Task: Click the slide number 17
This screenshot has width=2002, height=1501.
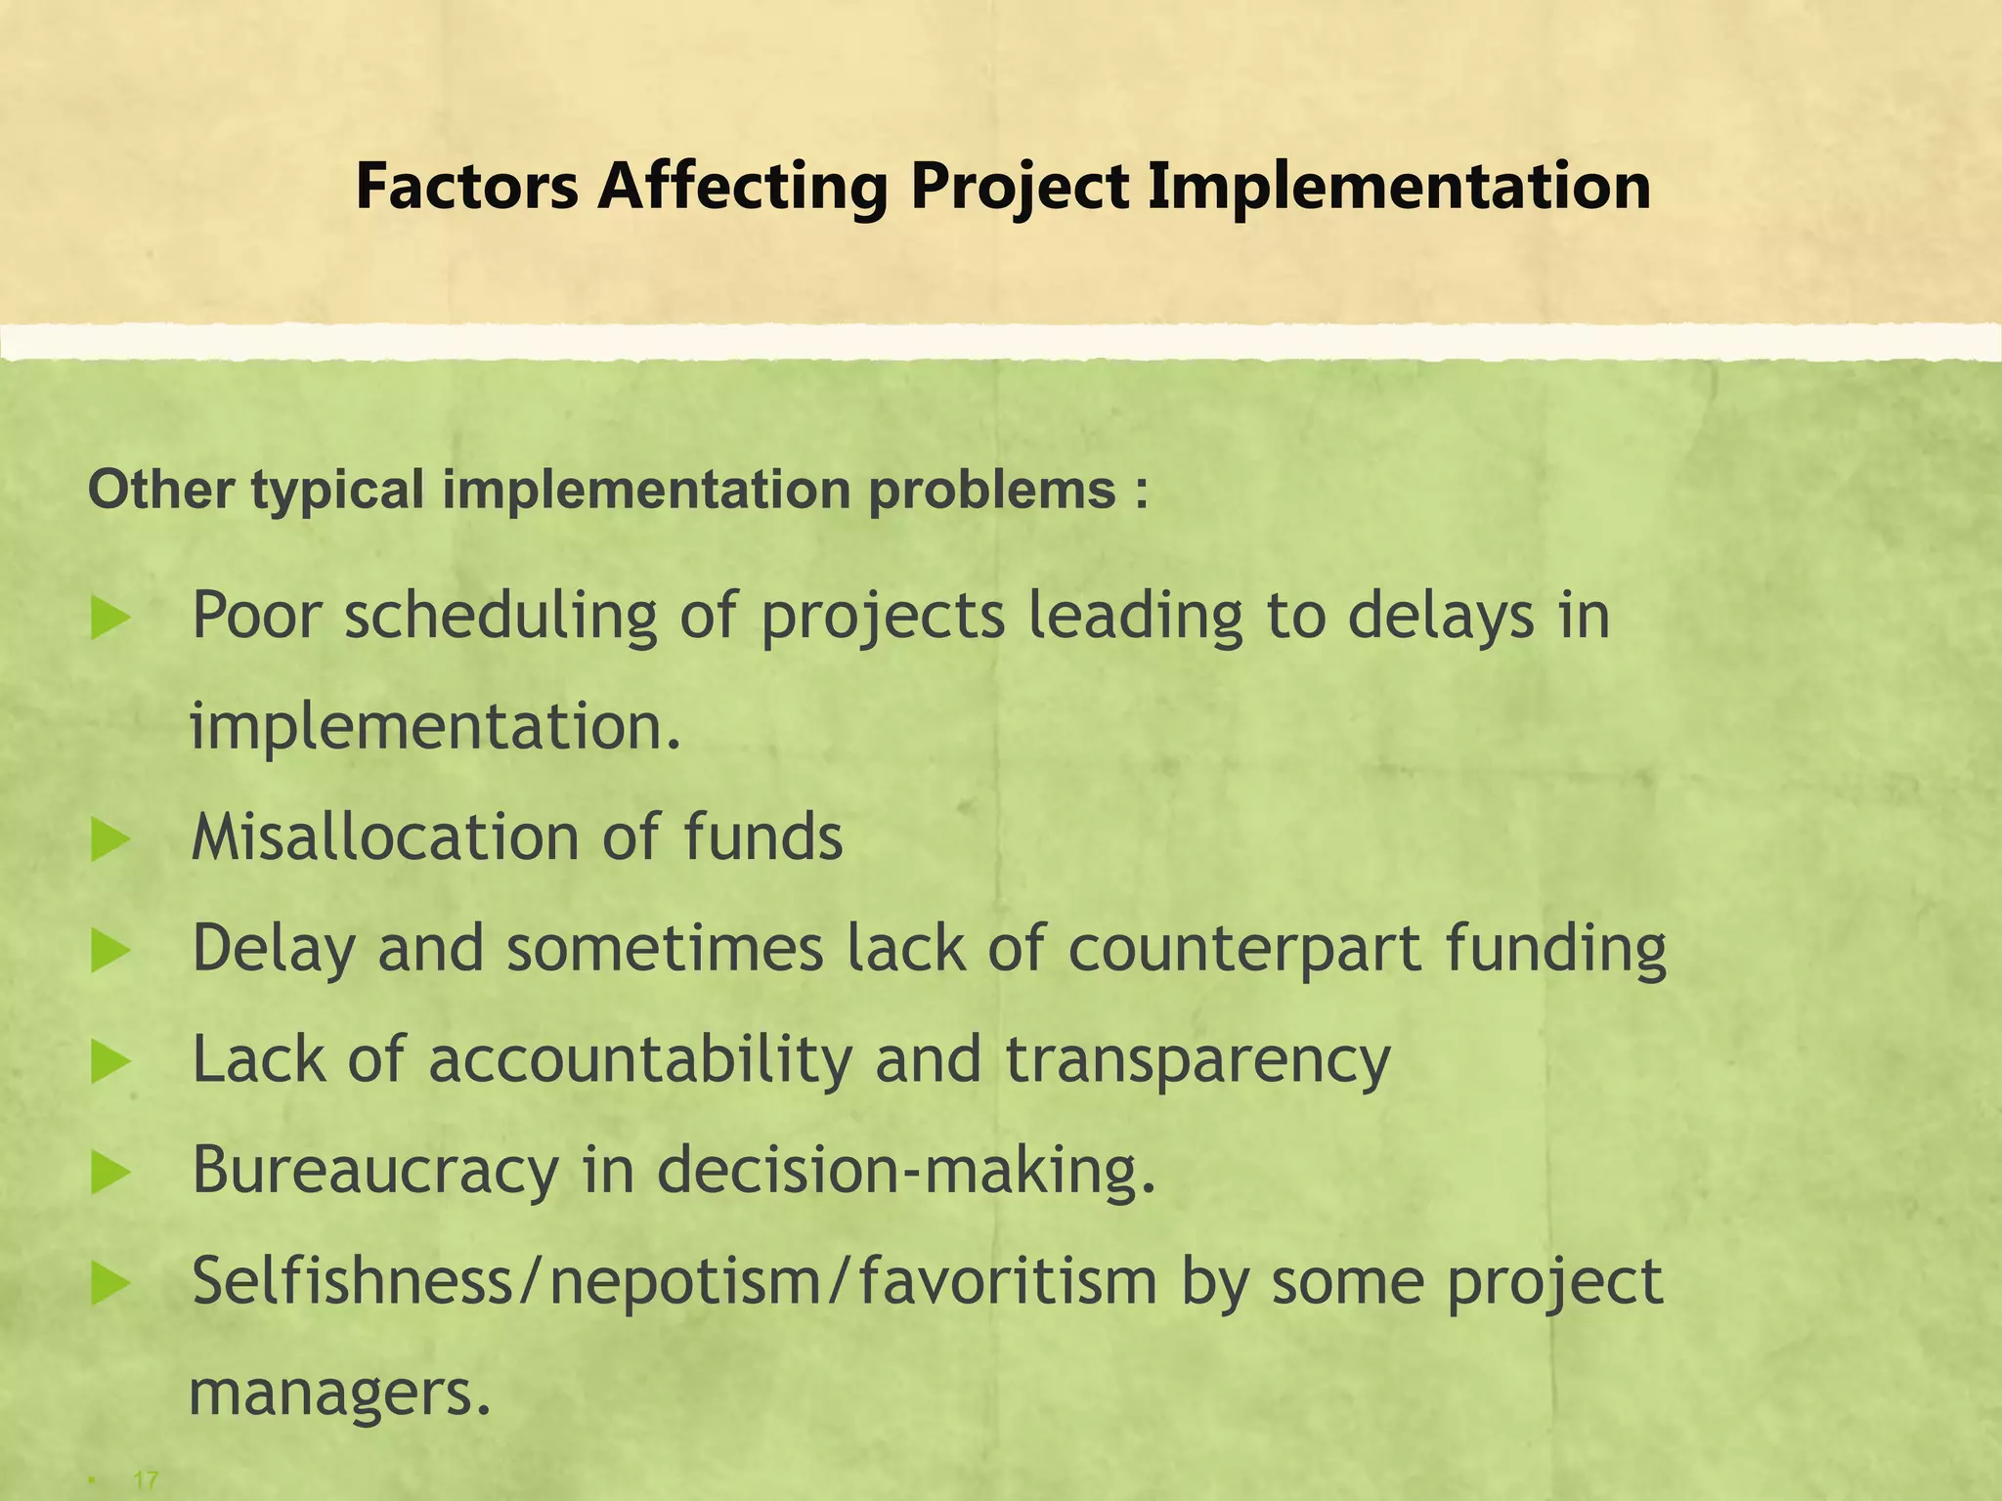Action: (x=146, y=1480)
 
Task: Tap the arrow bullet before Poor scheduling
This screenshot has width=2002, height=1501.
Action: (x=109, y=620)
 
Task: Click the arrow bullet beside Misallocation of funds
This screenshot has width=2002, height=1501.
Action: (x=109, y=840)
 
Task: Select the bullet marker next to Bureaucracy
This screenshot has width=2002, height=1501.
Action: (x=109, y=1173)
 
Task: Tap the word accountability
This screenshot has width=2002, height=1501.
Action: (x=640, y=1060)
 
